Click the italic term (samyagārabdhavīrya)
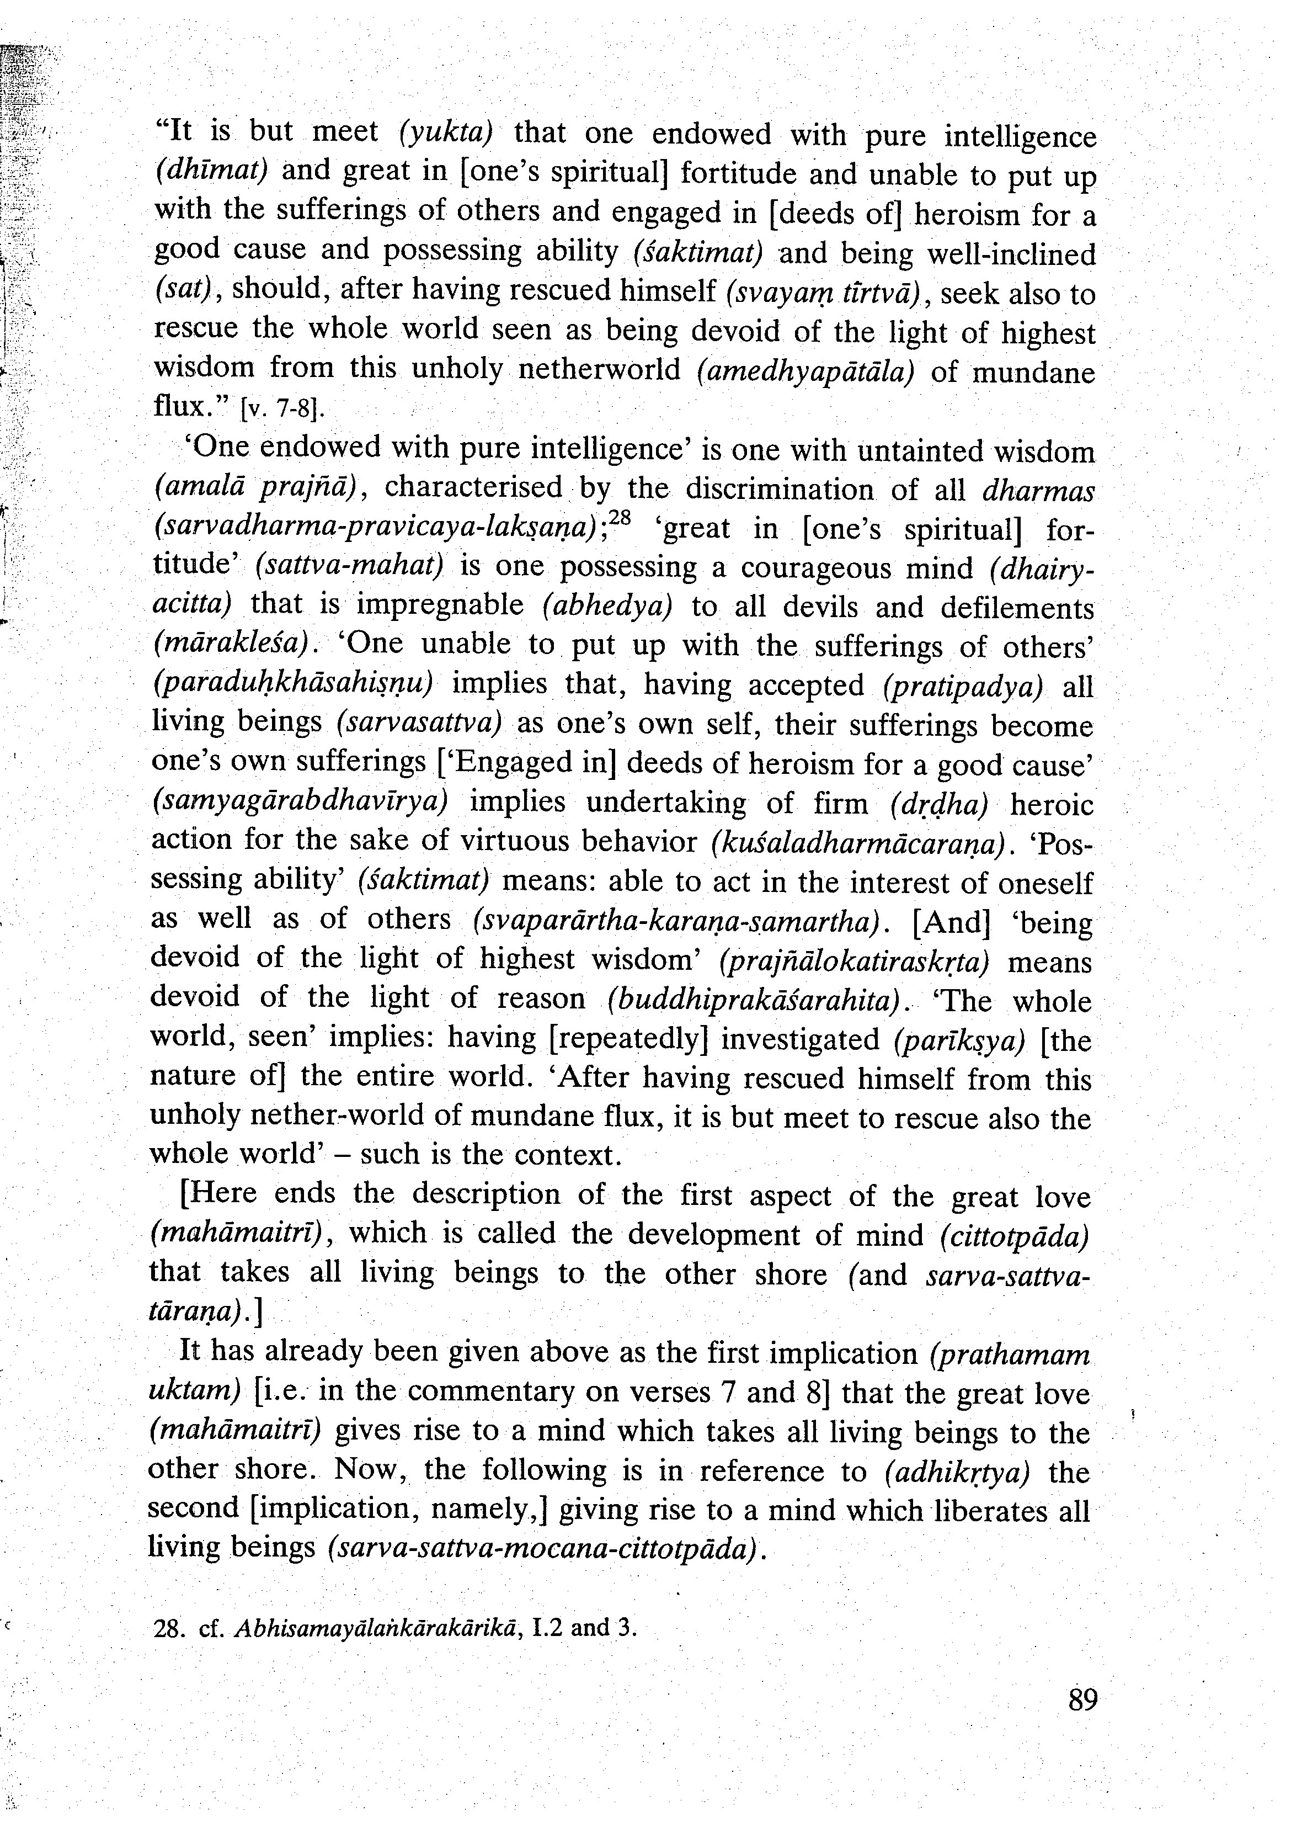coord(300,801)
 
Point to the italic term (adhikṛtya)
coord(957,1472)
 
